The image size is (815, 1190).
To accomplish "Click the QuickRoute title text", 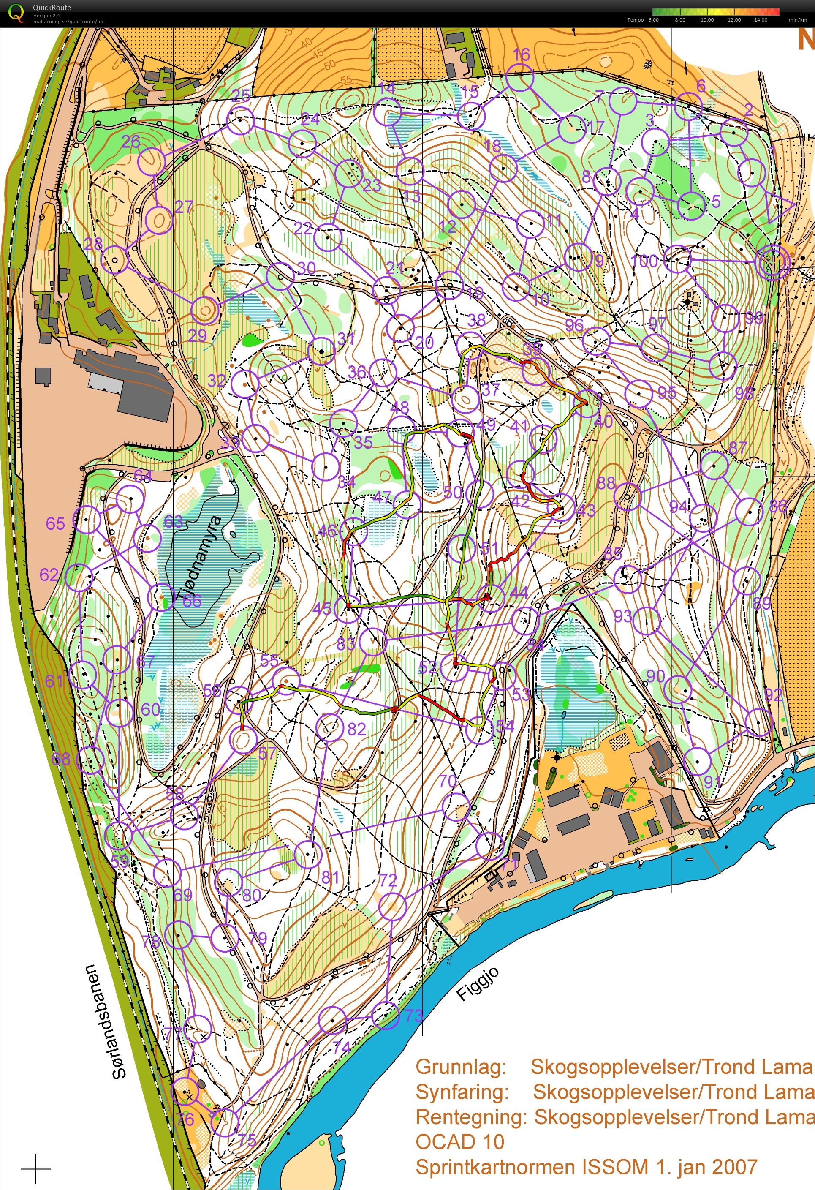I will coord(52,8).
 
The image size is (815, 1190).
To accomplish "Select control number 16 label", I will coord(521,54).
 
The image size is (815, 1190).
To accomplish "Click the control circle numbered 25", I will coord(241,121).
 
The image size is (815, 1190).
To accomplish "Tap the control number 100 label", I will coord(644,261).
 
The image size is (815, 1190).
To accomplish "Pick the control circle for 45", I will coord(348,609).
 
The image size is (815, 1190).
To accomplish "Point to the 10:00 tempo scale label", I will coord(707,20).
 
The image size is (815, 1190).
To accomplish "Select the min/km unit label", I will coord(797,20).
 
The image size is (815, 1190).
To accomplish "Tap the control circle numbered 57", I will coord(244,739).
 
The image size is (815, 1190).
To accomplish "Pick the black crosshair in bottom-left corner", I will coord(36,1169).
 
